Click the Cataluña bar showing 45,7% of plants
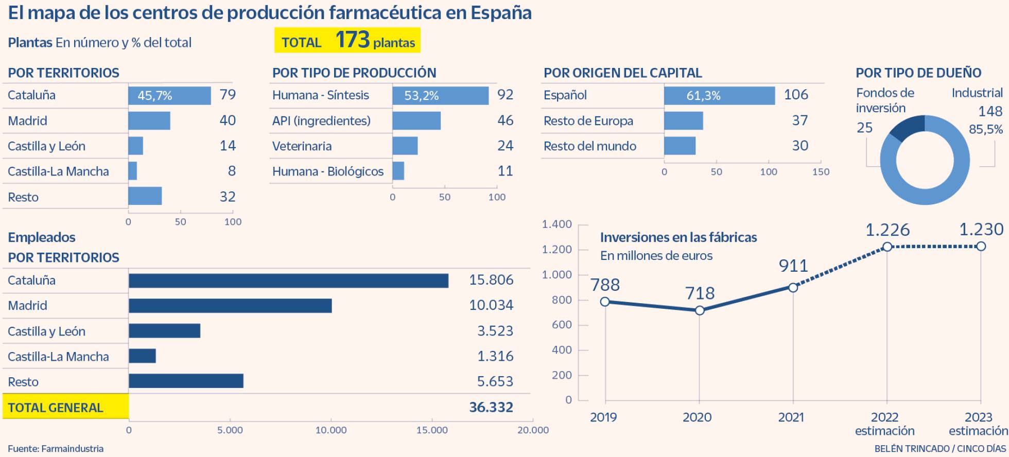coord(169,95)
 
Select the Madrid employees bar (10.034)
coord(230,306)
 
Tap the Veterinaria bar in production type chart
coord(405,146)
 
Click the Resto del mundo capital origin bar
coord(680,146)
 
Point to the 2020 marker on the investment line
coord(699,310)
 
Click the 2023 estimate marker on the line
coord(981,247)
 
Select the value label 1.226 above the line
coord(887,230)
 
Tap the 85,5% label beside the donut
coord(985,129)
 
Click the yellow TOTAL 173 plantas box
coord(347,41)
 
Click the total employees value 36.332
coord(491,408)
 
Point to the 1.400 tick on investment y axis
coord(556,224)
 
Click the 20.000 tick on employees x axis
coord(532,430)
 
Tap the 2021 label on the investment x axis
coord(791,417)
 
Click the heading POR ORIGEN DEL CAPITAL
coord(622,73)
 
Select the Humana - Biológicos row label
coord(327,171)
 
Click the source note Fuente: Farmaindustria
coord(56,449)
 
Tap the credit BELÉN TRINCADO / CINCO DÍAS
coord(940,449)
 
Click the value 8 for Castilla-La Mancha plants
coord(232,171)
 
